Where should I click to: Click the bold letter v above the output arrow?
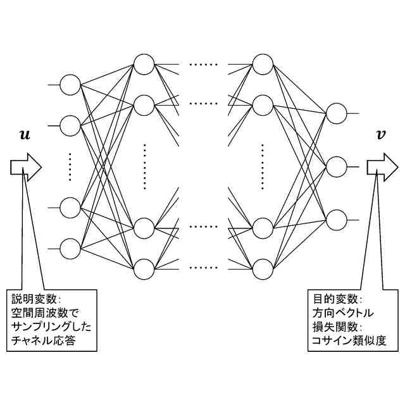tap(380, 135)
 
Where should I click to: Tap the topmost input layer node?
tap(70, 85)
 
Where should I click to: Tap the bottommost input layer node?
tap(70, 249)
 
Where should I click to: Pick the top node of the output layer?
tap(336, 114)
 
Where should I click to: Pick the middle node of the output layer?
tap(336, 167)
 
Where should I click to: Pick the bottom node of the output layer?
tap(336, 220)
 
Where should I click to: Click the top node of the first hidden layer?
tap(144, 65)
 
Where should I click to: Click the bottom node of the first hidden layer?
tap(144, 269)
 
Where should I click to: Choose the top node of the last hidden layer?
tap(262, 65)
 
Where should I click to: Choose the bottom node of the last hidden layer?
tap(262, 269)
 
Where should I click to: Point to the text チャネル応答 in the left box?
tap(44, 342)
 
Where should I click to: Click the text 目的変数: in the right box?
tap(335, 299)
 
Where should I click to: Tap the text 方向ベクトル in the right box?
tap(342, 313)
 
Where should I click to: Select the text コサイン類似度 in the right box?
tap(349, 342)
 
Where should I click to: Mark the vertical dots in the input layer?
tap(70, 166)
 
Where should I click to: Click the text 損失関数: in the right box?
tap(335, 327)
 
